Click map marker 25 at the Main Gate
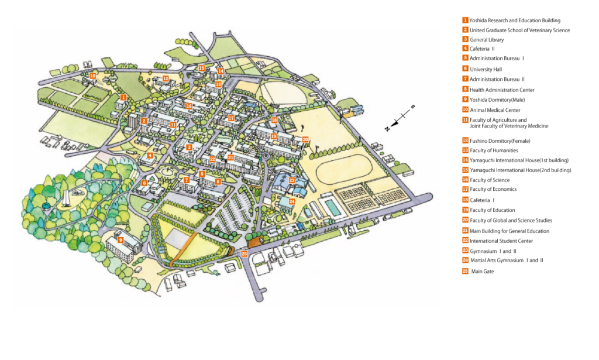(x=245, y=253)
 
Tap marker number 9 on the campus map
(x=120, y=240)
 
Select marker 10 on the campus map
(x=92, y=76)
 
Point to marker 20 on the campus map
(x=305, y=139)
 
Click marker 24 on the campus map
(x=291, y=202)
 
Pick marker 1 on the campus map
(x=123, y=97)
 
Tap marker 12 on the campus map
(x=166, y=78)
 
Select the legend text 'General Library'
(x=487, y=40)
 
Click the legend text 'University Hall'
(x=486, y=69)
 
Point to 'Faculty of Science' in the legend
(x=490, y=180)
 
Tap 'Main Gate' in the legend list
(x=483, y=272)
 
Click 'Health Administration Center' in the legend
(x=502, y=90)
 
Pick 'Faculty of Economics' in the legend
(x=493, y=189)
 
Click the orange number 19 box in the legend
(x=465, y=210)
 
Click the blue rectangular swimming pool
(x=331, y=207)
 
